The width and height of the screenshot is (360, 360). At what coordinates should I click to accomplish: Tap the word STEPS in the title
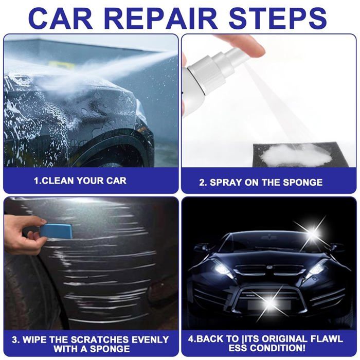(x=278, y=18)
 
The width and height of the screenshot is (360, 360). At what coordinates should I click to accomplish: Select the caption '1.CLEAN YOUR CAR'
(x=80, y=181)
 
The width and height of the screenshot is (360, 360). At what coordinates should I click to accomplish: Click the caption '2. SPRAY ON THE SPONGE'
(x=261, y=182)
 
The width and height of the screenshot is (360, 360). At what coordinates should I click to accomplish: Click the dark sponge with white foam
(x=301, y=154)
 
